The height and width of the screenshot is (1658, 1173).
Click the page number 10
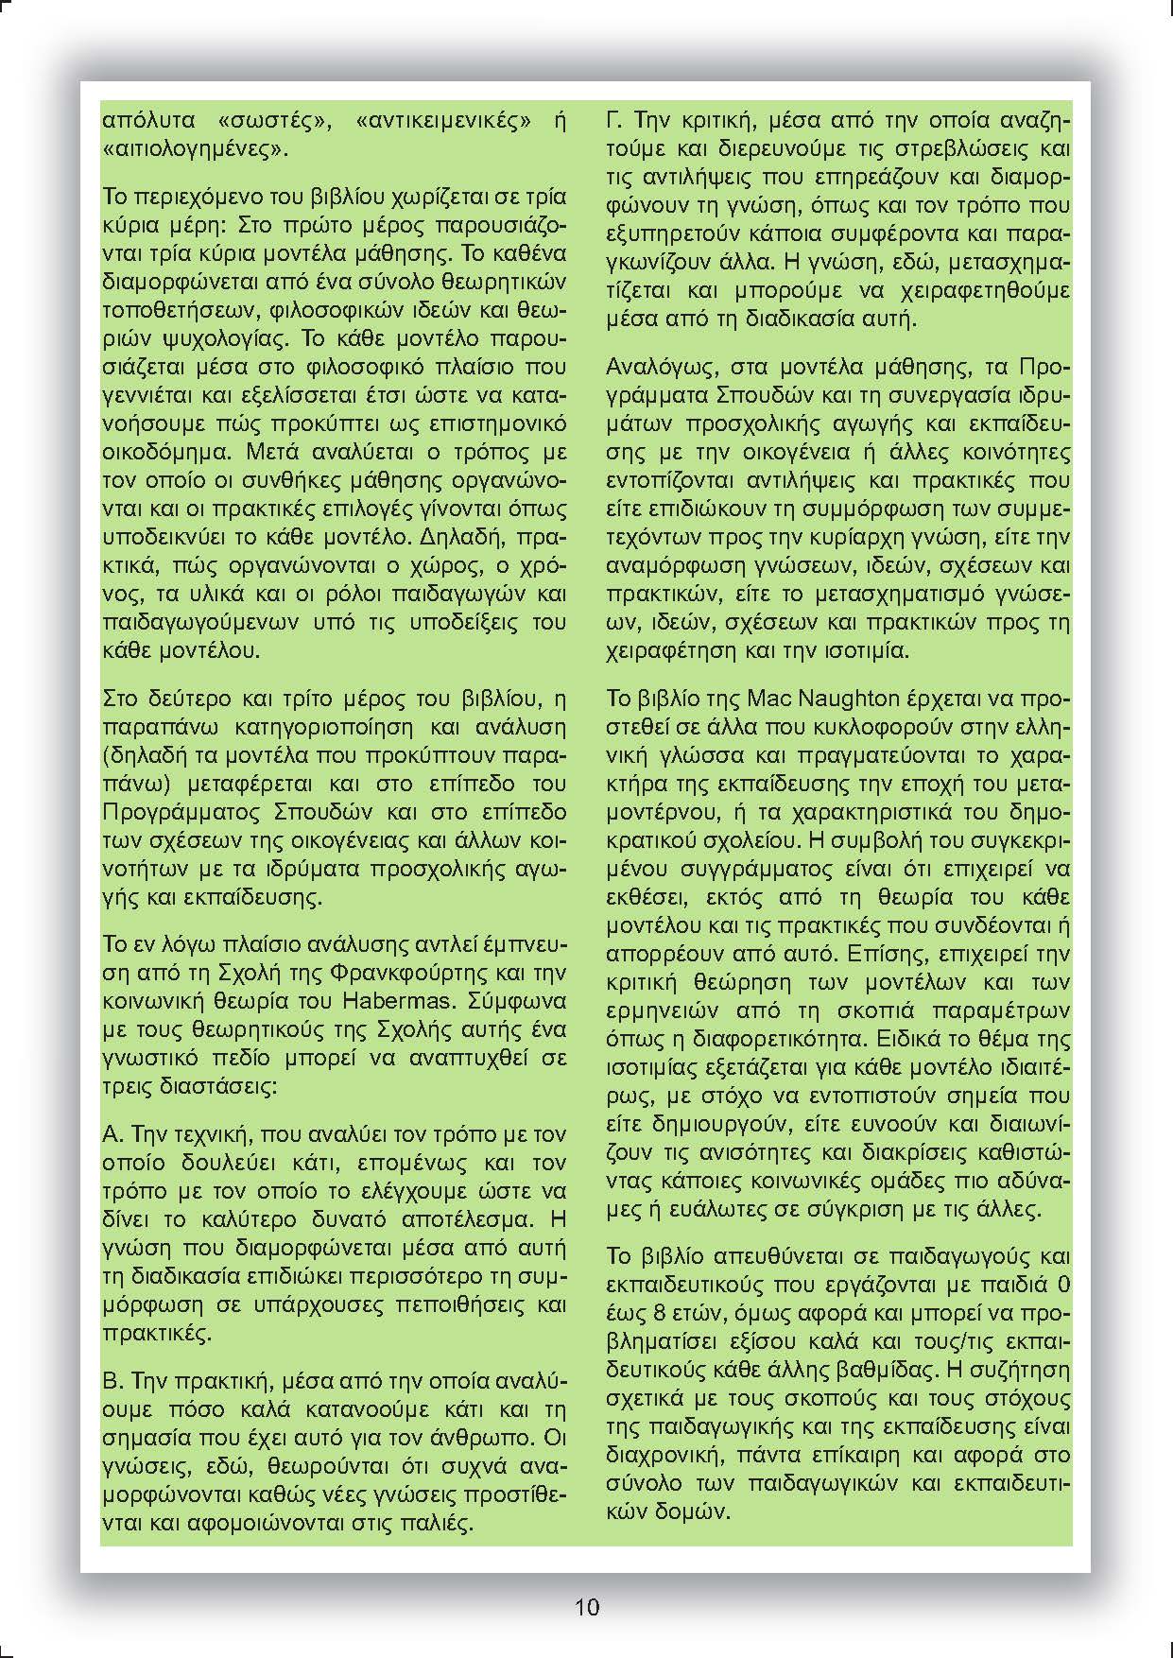pyautogui.click(x=586, y=1606)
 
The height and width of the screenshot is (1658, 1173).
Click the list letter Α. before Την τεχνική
pyautogui.click(x=112, y=1133)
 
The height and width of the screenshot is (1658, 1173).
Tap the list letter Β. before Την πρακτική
pyautogui.click(x=112, y=1381)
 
